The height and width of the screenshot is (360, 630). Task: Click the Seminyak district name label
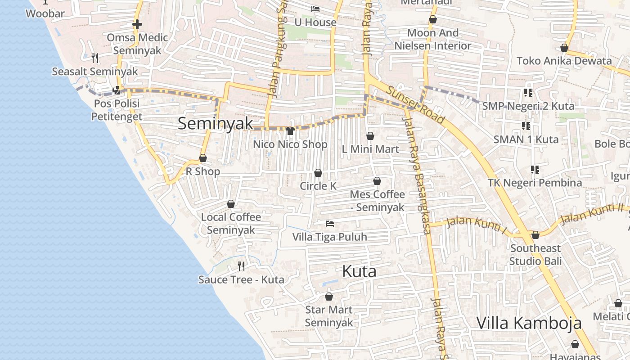[215, 123]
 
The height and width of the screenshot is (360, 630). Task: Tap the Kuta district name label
[359, 271]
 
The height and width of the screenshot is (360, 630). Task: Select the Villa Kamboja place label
[529, 323]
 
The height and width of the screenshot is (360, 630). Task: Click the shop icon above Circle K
[318, 173]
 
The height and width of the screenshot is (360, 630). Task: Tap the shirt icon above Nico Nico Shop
[290, 131]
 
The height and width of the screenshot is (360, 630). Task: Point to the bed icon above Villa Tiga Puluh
[330, 223]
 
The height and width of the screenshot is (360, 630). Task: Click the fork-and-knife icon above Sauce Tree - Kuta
[241, 266]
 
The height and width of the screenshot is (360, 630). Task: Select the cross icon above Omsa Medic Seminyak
[137, 24]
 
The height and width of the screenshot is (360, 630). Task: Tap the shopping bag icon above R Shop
[203, 158]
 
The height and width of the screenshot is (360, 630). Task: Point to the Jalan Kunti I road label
[477, 224]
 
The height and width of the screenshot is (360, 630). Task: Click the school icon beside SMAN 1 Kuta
[526, 126]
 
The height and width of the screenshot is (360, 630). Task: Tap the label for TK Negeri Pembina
[535, 183]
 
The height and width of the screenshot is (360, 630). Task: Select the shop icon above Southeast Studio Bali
[535, 235]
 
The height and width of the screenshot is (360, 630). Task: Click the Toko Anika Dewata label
[564, 61]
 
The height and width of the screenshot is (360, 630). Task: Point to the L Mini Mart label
[370, 149]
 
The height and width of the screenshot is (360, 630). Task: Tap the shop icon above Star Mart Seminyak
[329, 297]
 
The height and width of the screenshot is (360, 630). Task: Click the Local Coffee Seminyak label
[231, 223]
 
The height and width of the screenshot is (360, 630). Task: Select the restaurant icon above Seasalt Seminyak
[95, 58]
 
